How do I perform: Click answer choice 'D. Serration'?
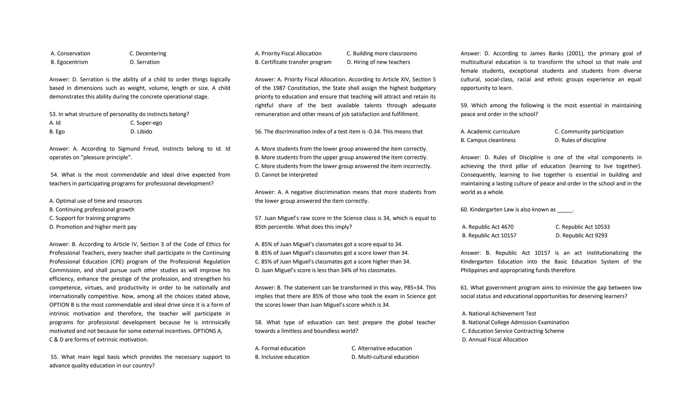point(145,62)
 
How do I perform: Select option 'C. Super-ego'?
point(146,123)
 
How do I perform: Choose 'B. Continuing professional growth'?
point(92,210)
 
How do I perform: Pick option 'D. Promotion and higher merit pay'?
point(93,227)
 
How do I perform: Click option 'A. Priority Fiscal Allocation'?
point(288,54)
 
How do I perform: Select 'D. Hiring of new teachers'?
point(378,62)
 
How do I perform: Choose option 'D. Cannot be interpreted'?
point(286,175)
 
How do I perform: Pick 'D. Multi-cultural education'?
point(385,357)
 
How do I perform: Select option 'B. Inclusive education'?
point(282,357)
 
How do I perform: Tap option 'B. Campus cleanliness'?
point(488,140)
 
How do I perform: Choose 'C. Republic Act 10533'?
point(582,227)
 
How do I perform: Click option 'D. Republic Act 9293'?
point(581,236)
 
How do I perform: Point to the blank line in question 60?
point(564,210)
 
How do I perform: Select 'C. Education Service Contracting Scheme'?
point(513,331)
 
